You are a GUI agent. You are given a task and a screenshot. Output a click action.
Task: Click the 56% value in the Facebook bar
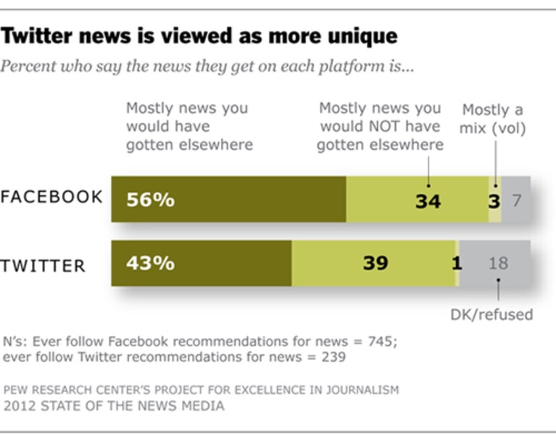point(150,200)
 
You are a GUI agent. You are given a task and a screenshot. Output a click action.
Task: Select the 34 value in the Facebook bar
point(428,201)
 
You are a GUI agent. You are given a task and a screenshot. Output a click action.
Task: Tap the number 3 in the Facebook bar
point(494,201)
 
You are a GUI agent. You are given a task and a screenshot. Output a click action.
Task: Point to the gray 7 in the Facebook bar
point(517,200)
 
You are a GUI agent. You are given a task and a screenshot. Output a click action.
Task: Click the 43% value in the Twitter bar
point(150,263)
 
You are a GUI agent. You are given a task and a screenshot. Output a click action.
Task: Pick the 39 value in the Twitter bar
point(375,263)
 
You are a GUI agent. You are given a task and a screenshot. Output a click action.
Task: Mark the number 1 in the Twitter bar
point(457,263)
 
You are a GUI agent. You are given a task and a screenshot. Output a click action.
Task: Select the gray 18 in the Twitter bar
point(498,263)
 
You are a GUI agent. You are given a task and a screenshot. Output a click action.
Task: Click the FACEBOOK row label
point(51,197)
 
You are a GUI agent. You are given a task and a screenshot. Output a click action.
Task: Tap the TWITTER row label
point(43,266)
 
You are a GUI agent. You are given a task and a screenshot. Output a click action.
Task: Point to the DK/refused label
point(491,314)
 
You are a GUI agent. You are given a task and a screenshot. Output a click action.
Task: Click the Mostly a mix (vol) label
point(492,119)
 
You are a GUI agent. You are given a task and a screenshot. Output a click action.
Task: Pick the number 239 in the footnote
point(333,357)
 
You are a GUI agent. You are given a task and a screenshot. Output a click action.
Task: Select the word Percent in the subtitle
point(28,66)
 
